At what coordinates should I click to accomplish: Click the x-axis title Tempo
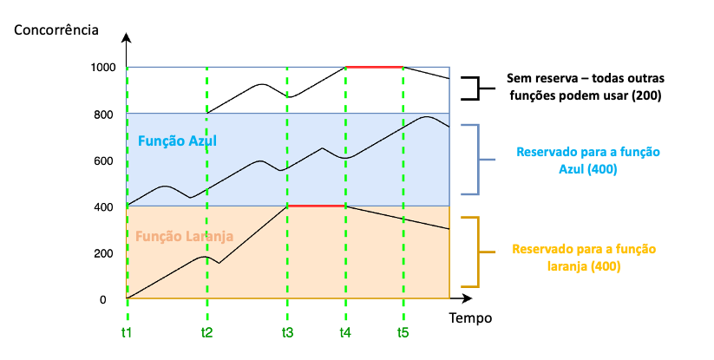[470, 318]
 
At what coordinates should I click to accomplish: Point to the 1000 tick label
[101, 68]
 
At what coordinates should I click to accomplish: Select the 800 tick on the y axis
[104, 115]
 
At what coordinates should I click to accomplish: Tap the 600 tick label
[104, 161]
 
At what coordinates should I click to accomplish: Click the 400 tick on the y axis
[104, 207]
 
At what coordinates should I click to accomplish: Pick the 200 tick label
[104, 254]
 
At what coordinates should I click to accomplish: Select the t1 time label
[127, 332]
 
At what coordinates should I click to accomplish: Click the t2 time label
[206, 332]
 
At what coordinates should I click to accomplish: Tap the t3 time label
[287, 332]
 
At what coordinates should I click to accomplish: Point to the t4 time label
[345, 332]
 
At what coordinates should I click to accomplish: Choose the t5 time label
[403, 332]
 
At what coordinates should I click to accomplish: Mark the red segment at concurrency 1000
[375, 67]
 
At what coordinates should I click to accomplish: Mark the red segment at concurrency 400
[317, 206]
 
